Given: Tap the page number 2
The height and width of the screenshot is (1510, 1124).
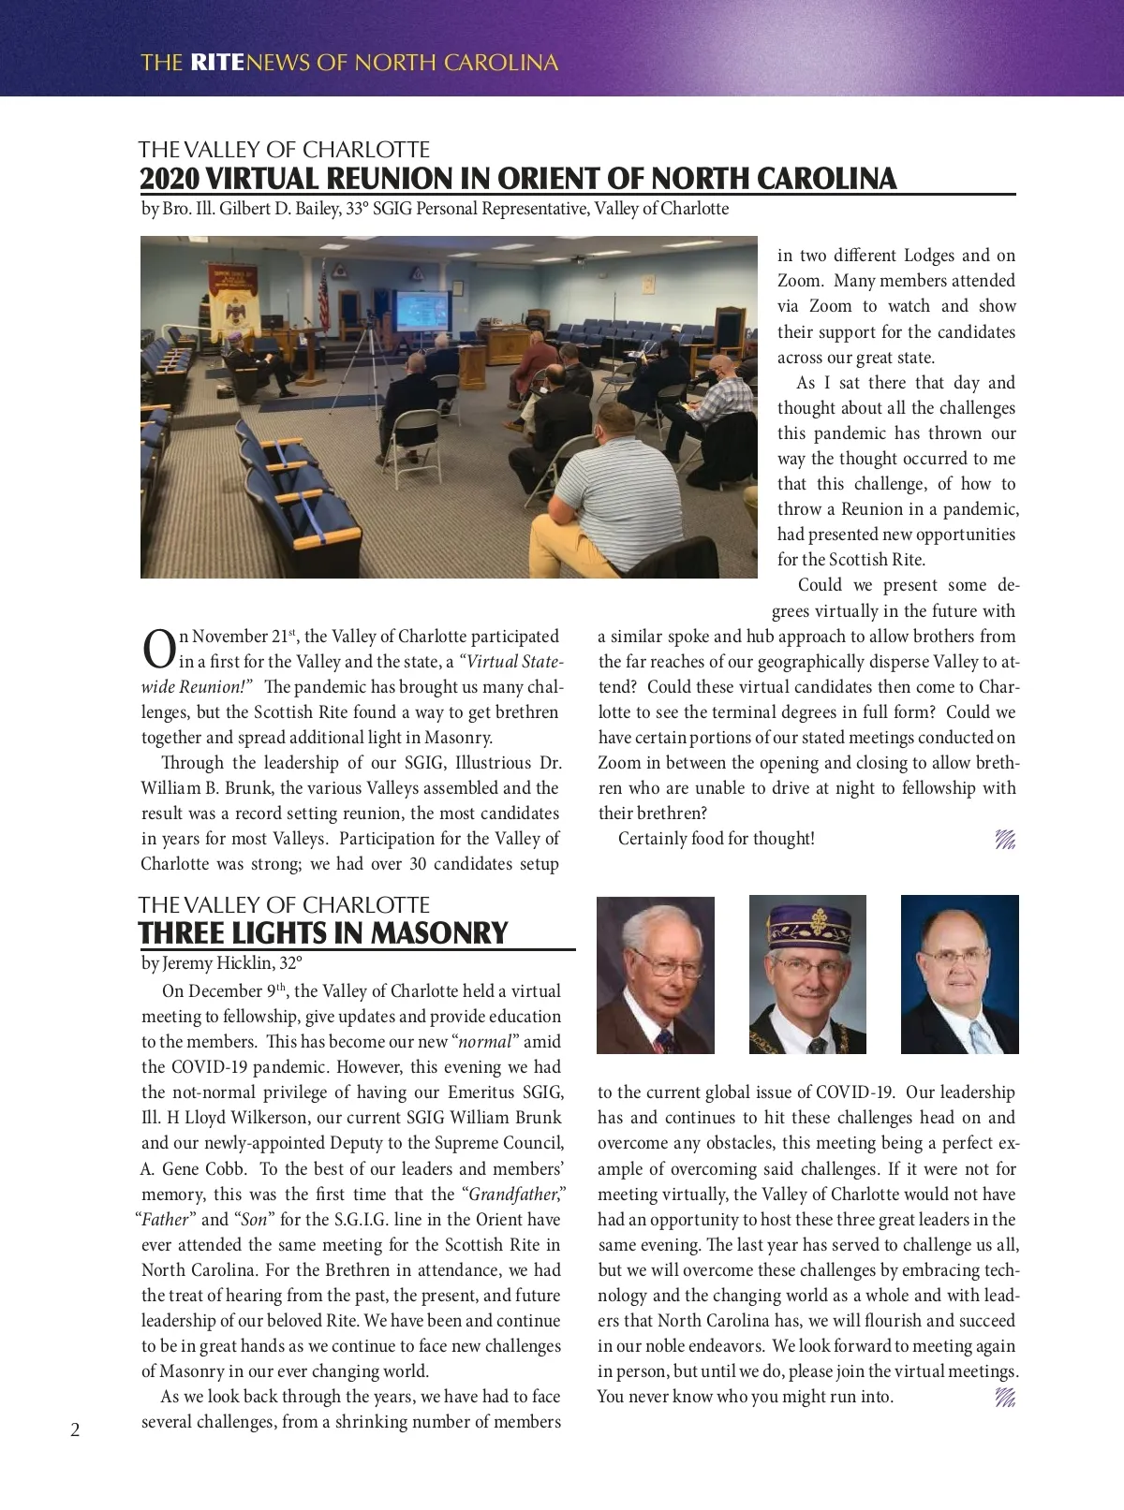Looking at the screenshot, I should [75, 1429].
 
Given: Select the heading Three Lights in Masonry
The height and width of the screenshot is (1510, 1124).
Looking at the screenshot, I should [323, 933].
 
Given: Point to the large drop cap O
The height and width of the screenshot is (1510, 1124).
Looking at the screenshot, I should [157, 649].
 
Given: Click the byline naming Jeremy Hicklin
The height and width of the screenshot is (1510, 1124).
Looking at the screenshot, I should [221, 962].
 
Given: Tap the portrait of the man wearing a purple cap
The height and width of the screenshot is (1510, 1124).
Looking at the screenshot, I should [807, 975].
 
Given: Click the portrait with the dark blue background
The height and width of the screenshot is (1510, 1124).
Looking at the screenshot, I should [959, 975].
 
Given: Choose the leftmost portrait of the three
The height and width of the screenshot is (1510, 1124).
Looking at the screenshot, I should [655, 975].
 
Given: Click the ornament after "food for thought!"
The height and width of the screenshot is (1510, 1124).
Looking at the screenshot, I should [1004, 840].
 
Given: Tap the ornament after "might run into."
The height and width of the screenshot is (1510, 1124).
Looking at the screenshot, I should [1004, 1398].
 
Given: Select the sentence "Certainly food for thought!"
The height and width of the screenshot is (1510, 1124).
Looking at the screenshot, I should [716, 839].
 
